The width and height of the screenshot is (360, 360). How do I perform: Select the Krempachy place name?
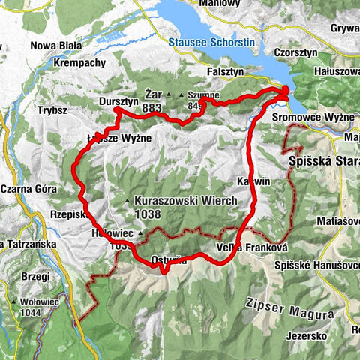point(80,63)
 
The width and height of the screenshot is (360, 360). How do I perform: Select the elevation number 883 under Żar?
point(151,108)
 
